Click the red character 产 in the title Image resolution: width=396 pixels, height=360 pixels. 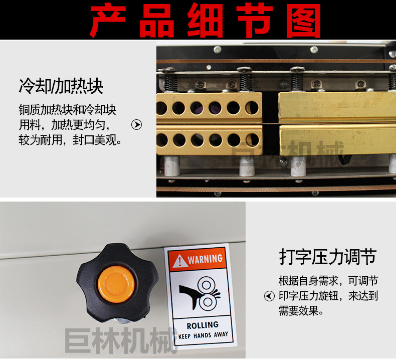[x=108, y=20]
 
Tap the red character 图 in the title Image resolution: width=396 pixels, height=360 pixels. [x=303, y=20]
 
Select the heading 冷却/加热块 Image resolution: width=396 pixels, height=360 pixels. [x=61, y=86]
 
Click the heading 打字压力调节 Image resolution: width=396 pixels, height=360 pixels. [x=328, y=257]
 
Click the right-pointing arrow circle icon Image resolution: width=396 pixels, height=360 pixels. [x=137, y=124]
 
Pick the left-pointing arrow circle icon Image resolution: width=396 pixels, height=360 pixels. [x=269, y=296]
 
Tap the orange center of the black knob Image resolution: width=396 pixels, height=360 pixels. [x=116, y=284]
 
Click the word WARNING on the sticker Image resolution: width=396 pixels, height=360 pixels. [x=205, y=259]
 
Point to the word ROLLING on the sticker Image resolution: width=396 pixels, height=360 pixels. [x=203, y=325]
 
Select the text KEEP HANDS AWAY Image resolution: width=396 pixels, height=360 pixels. [x=203, y=335]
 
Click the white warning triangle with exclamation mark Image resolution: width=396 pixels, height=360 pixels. [x=179, y=261]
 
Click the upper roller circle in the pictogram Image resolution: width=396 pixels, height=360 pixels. [x=207, y=285]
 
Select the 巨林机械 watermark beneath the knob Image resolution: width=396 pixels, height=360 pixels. [x=121, y=340]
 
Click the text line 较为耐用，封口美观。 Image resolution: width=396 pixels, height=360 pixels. [x=70, y=140]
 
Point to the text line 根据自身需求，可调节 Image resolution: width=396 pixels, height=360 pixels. [x=328, y=281]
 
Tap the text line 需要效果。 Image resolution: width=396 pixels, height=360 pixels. [x=301, y=310]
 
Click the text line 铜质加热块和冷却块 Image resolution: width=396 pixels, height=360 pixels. [x=67, y=110]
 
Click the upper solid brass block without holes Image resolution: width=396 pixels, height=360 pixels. [x=337, y=107]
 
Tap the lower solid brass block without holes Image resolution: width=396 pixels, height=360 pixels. [x=338, y=139]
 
